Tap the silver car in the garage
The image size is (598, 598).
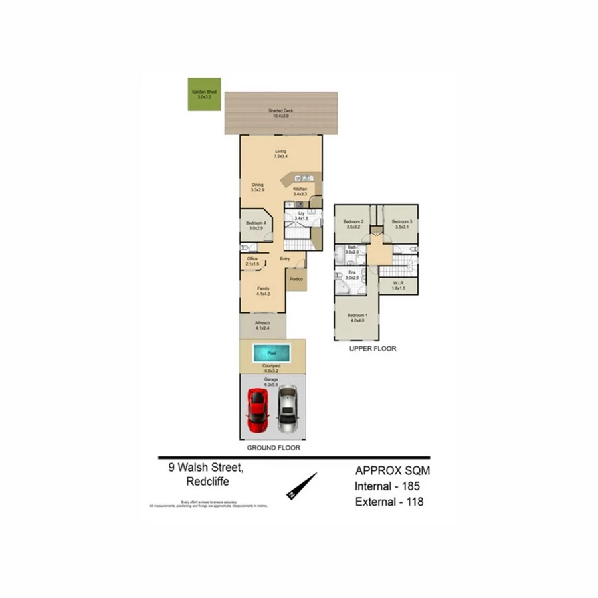287,407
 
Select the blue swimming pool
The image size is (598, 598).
271,352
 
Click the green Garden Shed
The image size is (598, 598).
205,96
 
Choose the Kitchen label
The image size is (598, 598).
300,190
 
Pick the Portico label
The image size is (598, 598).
296,279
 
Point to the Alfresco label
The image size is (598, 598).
262,324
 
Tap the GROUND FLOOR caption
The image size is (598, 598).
273,448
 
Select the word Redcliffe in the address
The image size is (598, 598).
208,482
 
